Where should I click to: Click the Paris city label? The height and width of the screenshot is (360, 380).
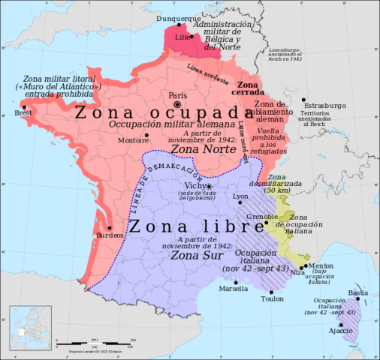pos(177,95)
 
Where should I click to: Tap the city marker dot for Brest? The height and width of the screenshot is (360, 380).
pos(25,107)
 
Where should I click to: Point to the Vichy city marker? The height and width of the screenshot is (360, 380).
pos(210,186)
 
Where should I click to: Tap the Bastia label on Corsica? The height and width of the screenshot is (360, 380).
pos(360,292)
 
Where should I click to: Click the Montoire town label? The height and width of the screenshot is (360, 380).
pos(133,140)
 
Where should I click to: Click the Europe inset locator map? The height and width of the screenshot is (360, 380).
pos(29,328)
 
